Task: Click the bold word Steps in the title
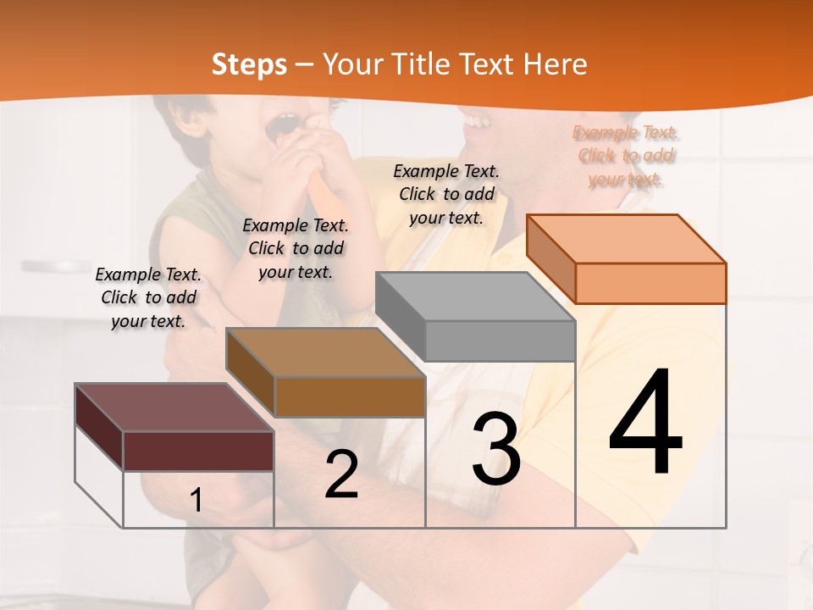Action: (x=249, y=64)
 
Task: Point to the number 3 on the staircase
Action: (x=495, y=449)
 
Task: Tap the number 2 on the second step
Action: (x=341, y=474)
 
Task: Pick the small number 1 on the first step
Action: (x=196, y=500)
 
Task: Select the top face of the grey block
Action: (x=475, y=296)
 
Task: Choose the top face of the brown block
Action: (x=325, y=352)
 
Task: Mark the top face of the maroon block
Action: (x=174, y=408)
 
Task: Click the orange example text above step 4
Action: (x=626, y=156)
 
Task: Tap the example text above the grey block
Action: (x=446, y=194)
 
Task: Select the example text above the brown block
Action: (x=296, y=248)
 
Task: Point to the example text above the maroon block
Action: (x=148, y=297)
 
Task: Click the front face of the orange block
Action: (x=650, y=283)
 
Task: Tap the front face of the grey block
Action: (x=500, y=341)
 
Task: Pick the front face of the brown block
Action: (x=350, y=396)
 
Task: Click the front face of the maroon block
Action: (x=198, y=451)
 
